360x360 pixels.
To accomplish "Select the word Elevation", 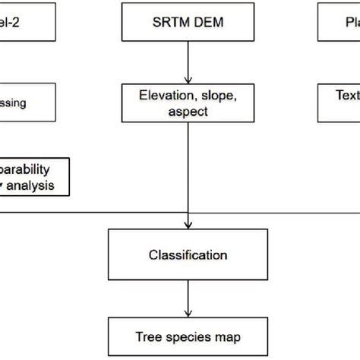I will pos(165,96).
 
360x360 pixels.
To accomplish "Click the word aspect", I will pos(188,111).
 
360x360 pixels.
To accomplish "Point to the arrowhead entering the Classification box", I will pos(188,226).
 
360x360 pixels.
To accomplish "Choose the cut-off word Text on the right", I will pos(346,96).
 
